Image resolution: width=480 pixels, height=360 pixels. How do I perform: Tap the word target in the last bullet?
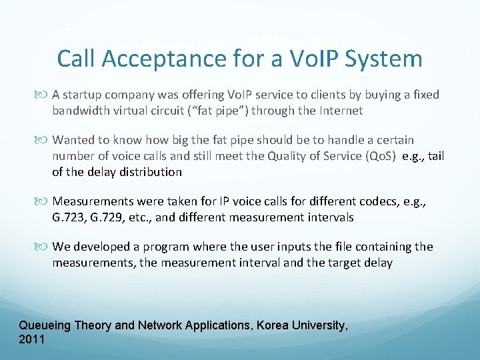tap(341, 263)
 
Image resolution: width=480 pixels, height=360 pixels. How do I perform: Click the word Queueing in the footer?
tap(44, 325)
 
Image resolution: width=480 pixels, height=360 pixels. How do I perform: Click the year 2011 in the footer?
tap(32, 339)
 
